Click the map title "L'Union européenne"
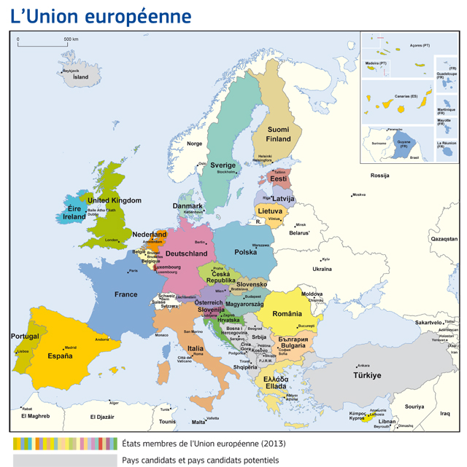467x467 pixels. [x=101, y=16]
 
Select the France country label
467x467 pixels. [x=126, y=294]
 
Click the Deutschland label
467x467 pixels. [x=186, y=254]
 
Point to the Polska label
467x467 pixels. [x=246, y=252]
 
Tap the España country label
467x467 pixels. [x=60, y=356]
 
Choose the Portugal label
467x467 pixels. [x=25, y=336]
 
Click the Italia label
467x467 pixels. [x=195, y=349]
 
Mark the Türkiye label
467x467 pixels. [x=367, y=376]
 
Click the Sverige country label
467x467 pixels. [x=223, y=165]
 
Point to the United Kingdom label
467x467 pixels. [x=115, y=200]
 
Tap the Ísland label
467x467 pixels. [x=80, y=76]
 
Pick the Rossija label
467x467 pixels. [x=379, y=176]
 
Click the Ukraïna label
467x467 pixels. [x=322, y=269]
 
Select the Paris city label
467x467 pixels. [x=133, y=271]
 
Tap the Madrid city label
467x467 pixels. [x=71, y=348]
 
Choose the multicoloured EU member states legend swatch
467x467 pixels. [x=65, y=443]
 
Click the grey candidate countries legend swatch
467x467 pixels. [x=65, y=460]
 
